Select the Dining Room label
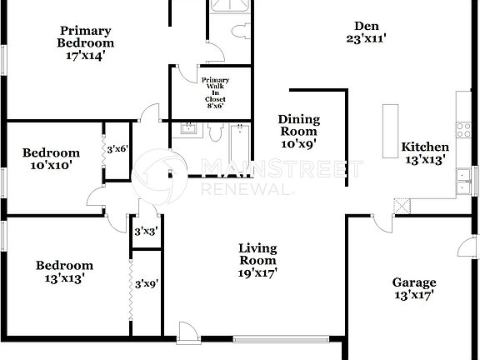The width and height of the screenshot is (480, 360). click(297, 131)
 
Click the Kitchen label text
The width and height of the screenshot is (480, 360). click(425, 152)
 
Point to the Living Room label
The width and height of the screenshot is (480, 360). click(257, 260)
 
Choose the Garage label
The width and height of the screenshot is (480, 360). click(415, 288)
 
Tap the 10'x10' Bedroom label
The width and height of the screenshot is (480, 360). click(51, 158)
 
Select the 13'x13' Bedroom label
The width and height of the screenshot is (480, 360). click(63, 272)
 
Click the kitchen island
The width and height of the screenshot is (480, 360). click(389, 131)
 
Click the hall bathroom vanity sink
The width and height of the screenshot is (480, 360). click(187, 128)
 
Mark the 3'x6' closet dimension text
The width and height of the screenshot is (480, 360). click(116, 148)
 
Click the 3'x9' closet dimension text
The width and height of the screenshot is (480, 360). click(147, 283)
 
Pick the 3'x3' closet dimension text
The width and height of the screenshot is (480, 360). click(147, 232)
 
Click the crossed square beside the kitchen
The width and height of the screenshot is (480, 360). click(402, 206)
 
